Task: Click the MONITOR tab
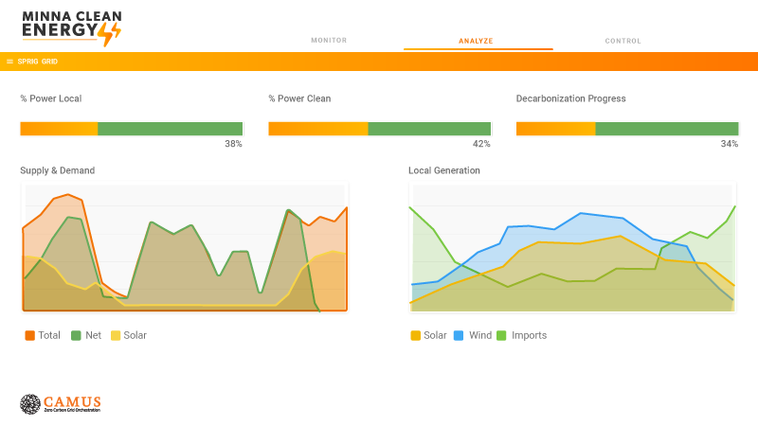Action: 329,41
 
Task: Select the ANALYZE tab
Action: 476,41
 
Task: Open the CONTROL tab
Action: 623,41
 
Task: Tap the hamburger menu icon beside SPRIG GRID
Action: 9,62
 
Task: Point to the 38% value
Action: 233,144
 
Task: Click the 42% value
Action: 481,144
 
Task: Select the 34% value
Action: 729,144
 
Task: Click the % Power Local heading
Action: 51,98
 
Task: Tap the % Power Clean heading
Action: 299,98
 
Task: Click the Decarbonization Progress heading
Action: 570,98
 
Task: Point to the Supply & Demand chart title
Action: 58,170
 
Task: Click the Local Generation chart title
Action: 444,170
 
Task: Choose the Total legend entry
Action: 43,335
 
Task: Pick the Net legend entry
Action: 86,335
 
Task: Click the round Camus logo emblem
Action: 30,404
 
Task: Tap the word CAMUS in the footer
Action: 72,400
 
